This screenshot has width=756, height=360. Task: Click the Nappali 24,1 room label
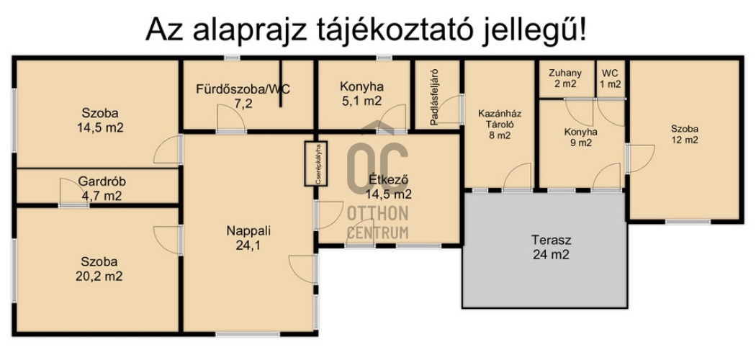pos(248,238)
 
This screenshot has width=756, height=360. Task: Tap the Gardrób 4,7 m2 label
pos(91,189)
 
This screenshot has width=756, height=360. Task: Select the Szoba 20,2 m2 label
pos(100,269)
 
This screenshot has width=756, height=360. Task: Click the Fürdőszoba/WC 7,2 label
pos(243,96)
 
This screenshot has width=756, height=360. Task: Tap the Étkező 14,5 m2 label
pos(389,187)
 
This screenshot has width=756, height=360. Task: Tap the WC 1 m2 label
pos(610,78)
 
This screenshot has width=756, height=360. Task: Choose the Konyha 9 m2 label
pos(580,137)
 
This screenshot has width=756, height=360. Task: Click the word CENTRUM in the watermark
pos(377,232)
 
